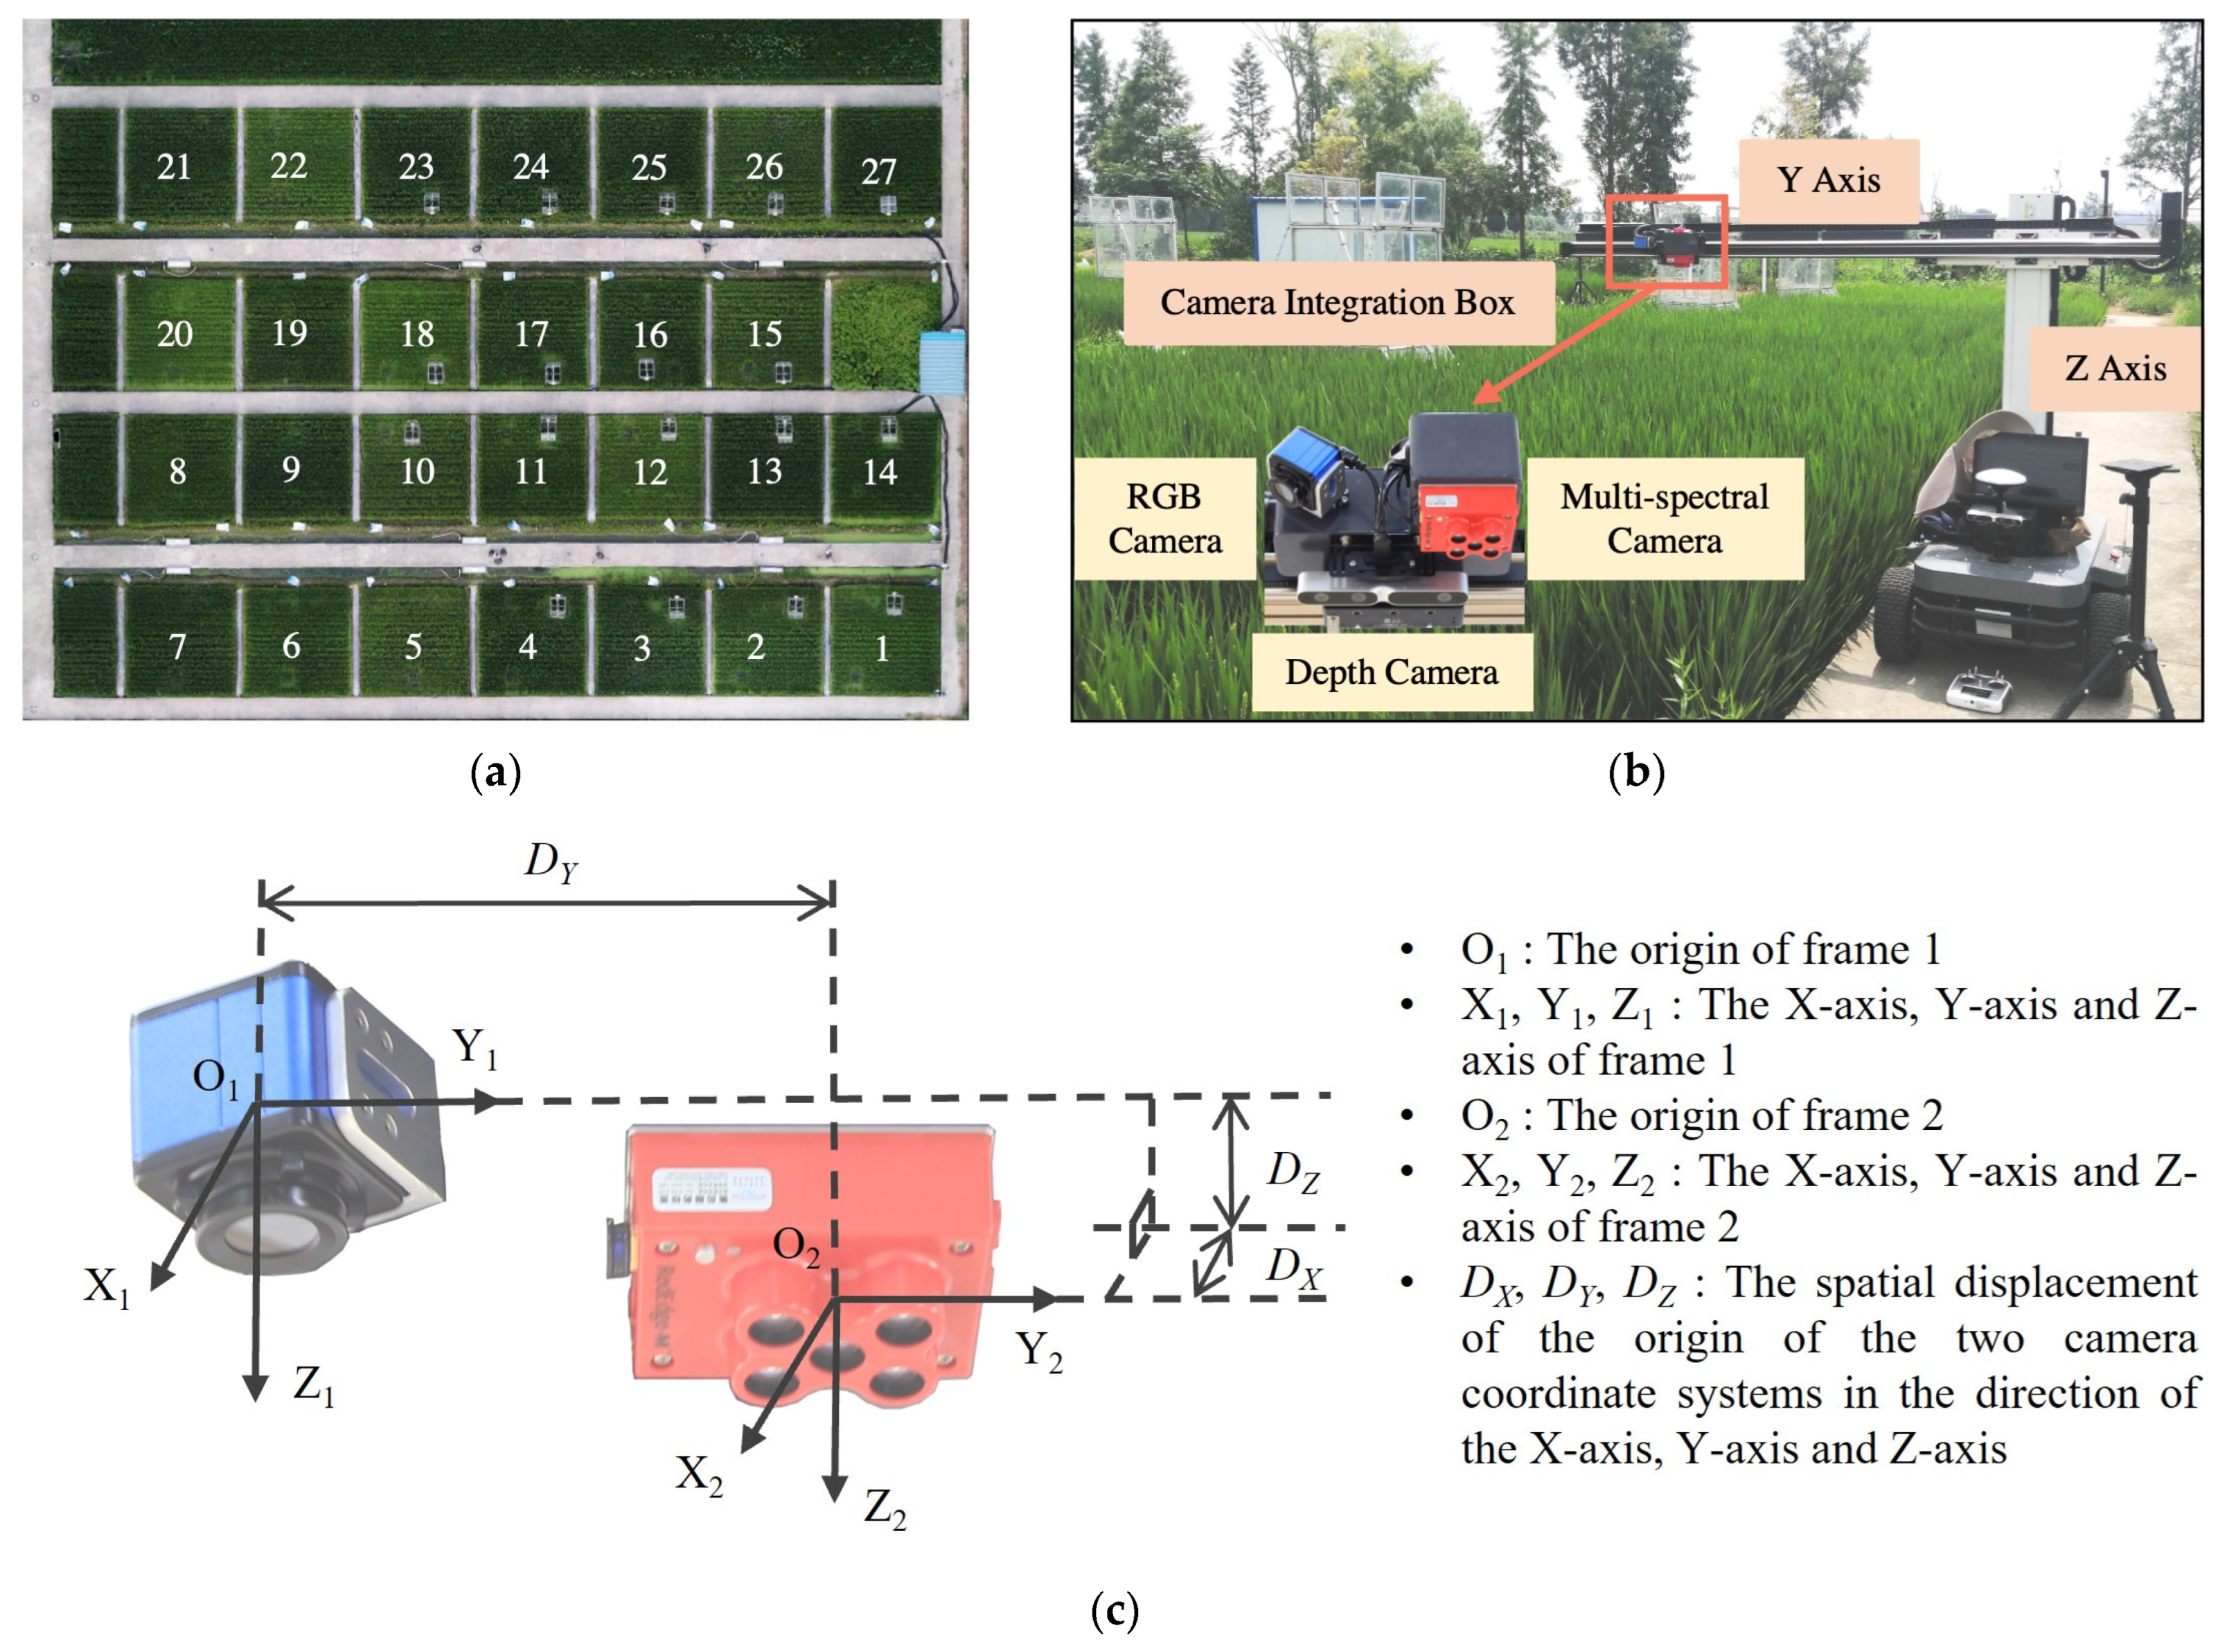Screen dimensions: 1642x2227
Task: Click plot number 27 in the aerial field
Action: (878, 172)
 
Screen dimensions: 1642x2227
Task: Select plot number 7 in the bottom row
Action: (177, 647)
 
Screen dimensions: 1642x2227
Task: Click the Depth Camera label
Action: (1390, 673)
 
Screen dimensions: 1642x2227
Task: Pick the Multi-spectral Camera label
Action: (1664, 519)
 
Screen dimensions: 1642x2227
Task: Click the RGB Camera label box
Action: (1164, 519)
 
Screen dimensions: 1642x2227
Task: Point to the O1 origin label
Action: (215, 1077)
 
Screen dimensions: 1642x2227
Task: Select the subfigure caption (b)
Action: (1635, 773)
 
